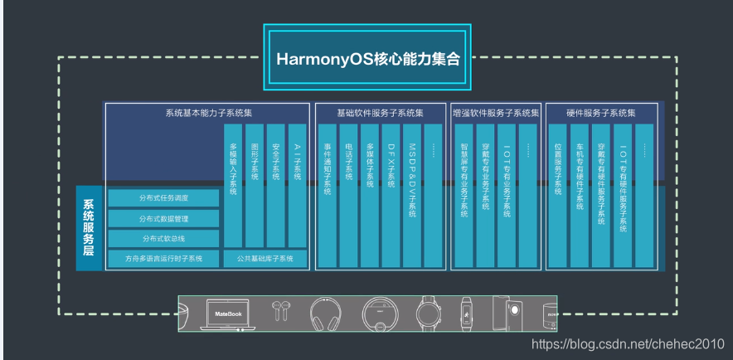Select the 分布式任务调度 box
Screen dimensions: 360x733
click(x=163, y=197)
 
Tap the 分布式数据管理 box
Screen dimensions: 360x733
click(x=163, y=218)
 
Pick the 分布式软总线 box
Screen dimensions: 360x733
click(x=163, y=239)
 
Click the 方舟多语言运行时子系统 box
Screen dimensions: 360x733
click(x=163, y=259)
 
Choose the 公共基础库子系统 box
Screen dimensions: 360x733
click(x=265, y=259)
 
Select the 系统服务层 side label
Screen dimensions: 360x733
click(x=89, y=228)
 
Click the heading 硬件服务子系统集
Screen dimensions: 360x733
click(x=601, y=112)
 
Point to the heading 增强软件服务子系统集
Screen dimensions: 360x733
click(x=496, y=112)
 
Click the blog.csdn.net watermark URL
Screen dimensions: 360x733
click(x=630, y=344)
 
